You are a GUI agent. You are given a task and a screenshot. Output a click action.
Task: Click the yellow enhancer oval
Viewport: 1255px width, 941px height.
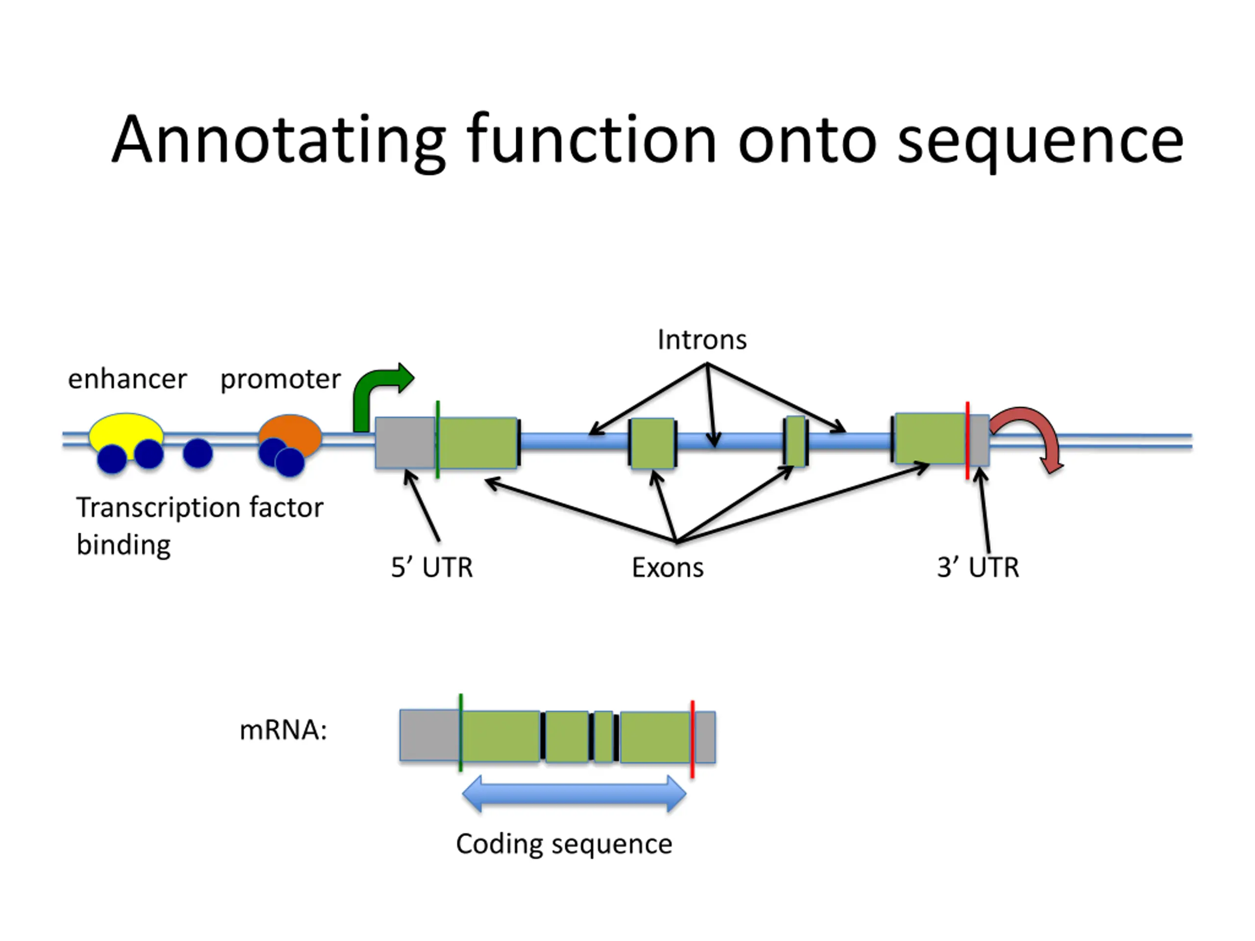126,430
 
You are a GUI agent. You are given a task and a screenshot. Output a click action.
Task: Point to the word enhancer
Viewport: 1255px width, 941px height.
127,379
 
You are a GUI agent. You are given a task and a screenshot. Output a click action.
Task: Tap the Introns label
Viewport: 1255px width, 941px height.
702,340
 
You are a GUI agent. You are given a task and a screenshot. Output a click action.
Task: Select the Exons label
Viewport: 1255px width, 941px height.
668,567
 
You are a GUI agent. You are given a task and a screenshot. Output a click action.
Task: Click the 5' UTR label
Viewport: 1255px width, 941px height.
432,567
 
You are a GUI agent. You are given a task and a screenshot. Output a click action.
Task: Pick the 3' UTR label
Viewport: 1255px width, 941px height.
978,567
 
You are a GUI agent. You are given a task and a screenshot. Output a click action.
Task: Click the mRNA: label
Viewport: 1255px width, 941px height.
284,730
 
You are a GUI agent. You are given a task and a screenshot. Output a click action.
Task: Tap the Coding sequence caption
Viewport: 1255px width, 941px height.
564,844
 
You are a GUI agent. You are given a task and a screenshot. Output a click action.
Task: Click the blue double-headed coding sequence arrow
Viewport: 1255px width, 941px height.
574,794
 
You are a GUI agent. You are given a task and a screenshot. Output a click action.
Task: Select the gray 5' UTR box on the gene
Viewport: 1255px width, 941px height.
405,443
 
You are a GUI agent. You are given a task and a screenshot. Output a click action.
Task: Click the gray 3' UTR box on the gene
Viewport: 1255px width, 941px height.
979,440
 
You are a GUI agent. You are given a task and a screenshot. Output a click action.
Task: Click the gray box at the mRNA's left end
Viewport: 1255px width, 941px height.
429,735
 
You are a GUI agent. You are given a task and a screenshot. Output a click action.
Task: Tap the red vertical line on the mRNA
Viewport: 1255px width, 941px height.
693,739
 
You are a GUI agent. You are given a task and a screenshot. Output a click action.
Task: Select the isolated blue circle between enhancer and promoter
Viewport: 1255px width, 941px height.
198,453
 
